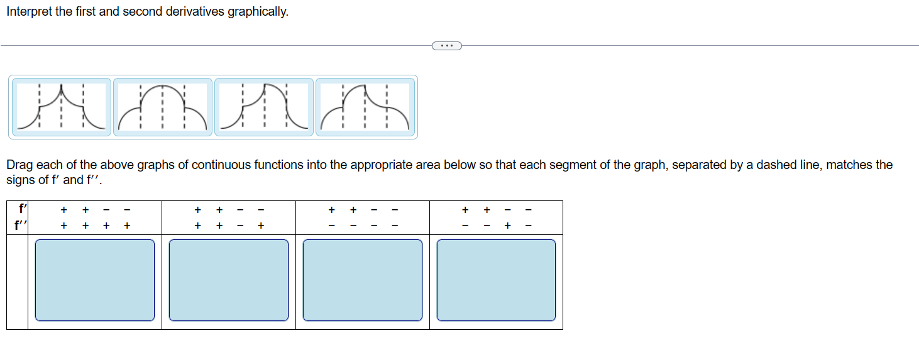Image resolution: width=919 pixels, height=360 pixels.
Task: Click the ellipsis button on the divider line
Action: pyautogui.click(x=447, y=45)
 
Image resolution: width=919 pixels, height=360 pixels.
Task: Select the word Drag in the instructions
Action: pyautogui.click(x=18, y=165)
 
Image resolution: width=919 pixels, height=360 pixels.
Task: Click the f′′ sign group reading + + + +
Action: pyautogui.click(x=95, y=225)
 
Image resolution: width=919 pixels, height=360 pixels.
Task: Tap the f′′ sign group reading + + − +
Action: pyautogui.click(x=229, y=225)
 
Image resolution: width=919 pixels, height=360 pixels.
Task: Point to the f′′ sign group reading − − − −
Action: pyautogui.click(x=363, y=225)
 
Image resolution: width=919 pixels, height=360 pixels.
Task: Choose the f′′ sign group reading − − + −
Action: pyautogui.click(x=497, y=225)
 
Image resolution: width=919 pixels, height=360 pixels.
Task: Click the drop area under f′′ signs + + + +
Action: pyautogui.click(x=95, y=280)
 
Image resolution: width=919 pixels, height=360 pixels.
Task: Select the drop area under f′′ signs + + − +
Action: pyautogui.click(x=229, y=280)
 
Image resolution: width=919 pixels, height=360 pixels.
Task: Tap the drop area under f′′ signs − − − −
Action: pyautogui.click(x=363, y=280)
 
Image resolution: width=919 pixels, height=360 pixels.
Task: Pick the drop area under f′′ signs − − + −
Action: pyautogui.click(x=497, y=280)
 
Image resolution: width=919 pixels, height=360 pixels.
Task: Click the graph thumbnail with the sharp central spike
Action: pyautogui.click(x=60, y=107)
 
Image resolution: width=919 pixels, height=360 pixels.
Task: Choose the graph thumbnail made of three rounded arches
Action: pyautogui.click(x=162, y=107)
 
